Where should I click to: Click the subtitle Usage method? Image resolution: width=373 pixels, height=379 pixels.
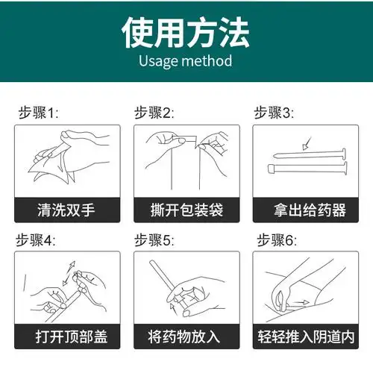[186, 61]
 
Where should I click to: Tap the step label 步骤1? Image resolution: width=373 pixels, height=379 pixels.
[38, 113]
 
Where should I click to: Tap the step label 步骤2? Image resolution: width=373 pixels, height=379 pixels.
[154, 113]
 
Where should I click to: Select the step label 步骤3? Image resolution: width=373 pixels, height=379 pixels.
[274, 113]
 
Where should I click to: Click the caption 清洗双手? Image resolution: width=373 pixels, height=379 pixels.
[66, 210]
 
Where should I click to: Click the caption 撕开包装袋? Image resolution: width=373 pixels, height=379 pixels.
[186, 210]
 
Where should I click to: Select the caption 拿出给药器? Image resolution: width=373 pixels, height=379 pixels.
[306, 210]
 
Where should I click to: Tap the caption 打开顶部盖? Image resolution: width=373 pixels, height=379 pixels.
[66, 336]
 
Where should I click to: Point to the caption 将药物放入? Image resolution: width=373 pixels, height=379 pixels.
[186, 336]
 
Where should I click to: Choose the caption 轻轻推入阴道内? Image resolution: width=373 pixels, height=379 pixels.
[306, 336]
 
